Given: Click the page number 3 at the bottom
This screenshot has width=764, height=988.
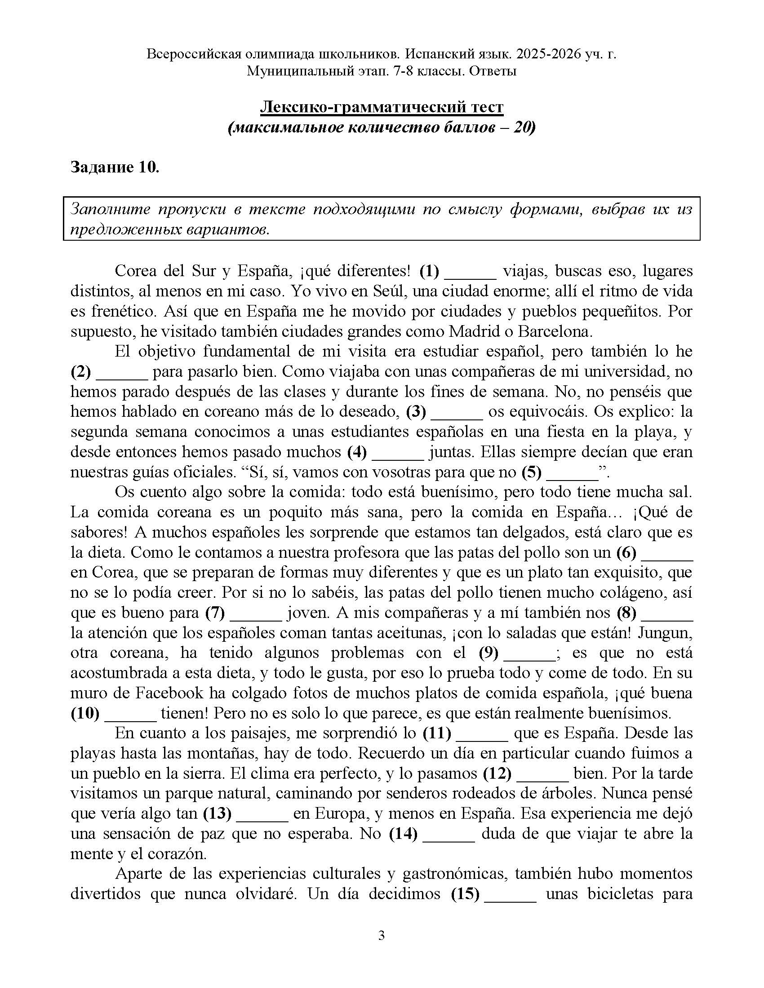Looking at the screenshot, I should coord(381,935).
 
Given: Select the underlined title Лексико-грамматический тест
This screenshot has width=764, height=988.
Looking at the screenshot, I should coord(382,107).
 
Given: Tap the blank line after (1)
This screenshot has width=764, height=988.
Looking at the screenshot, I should coord(471,272).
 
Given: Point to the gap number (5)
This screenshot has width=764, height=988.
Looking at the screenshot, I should coord(531,472).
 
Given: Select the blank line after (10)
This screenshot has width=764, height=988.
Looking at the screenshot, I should coord(130,714).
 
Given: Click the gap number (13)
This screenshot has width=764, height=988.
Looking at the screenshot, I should coord(217,813).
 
